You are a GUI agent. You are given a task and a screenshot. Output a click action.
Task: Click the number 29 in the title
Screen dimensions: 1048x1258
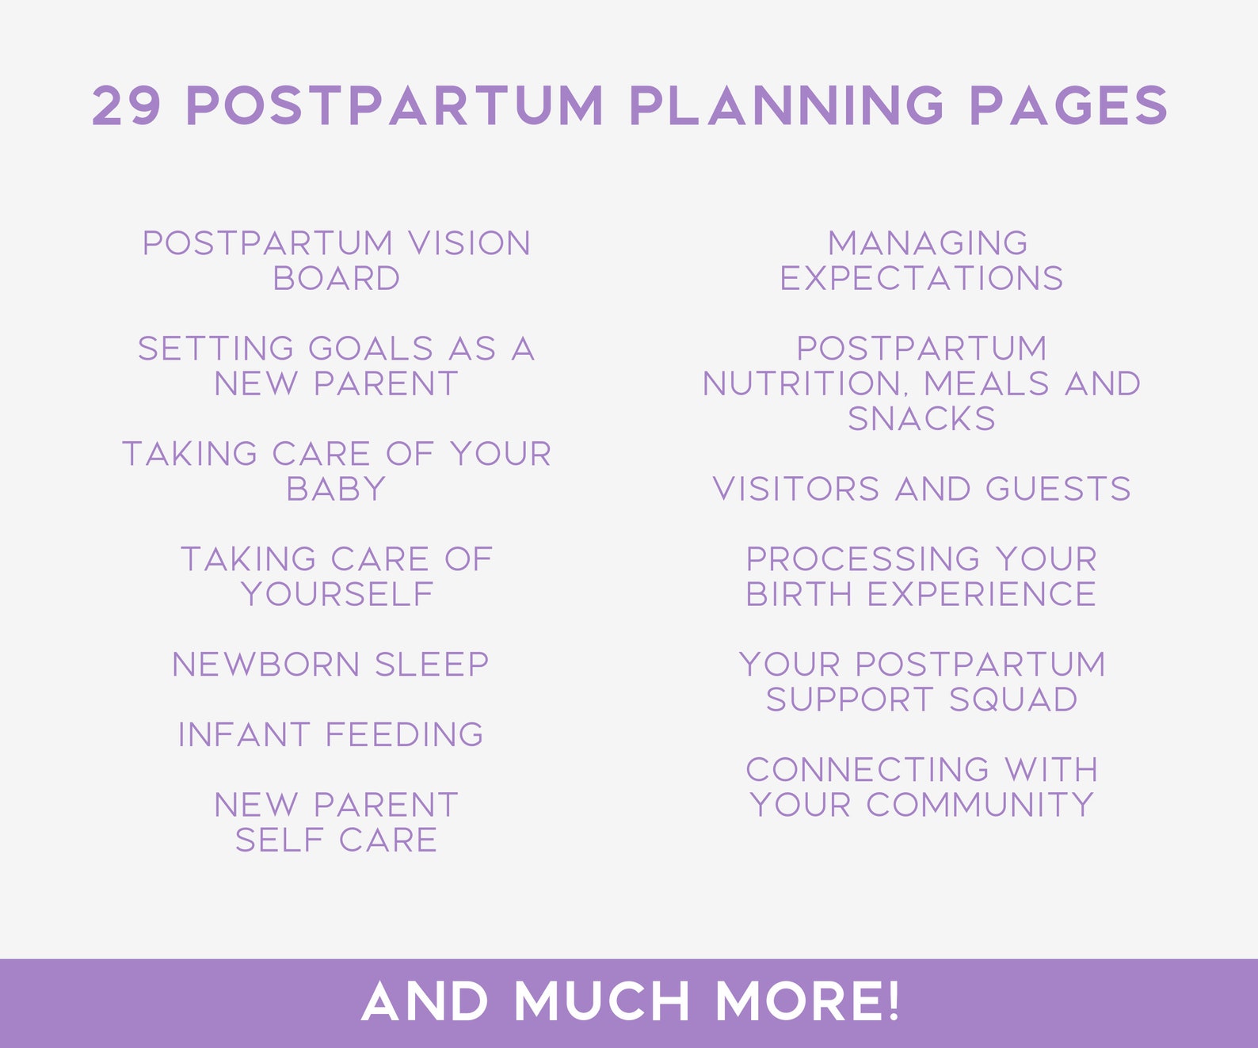127,105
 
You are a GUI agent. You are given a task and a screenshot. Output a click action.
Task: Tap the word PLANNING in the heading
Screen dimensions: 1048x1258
787,105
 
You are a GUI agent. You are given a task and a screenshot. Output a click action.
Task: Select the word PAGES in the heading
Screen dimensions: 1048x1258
1069,105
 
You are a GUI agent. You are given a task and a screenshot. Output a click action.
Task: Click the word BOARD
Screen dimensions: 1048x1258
337,278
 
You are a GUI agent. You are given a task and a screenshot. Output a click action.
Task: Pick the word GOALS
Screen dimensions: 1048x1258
370,349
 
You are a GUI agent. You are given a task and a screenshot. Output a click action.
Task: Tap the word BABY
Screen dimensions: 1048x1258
337,489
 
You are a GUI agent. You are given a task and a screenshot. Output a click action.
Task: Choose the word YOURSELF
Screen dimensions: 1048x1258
337,594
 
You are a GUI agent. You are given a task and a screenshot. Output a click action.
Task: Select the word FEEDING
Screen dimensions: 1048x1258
404,734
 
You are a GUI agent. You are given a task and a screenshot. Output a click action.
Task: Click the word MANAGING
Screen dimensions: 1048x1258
928,243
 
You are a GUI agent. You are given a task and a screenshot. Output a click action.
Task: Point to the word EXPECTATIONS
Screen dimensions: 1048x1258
921,278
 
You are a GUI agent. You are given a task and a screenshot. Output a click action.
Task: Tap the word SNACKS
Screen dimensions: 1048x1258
921,418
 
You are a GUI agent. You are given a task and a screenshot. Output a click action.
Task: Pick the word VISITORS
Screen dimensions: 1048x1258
796,489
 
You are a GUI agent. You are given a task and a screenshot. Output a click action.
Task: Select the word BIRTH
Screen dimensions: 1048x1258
799,594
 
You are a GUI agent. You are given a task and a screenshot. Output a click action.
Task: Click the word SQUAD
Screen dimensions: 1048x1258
1013,699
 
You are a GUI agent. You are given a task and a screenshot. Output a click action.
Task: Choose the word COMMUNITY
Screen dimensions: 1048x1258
980,805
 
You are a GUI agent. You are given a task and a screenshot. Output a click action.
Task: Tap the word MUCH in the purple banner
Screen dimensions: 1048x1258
602,1001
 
